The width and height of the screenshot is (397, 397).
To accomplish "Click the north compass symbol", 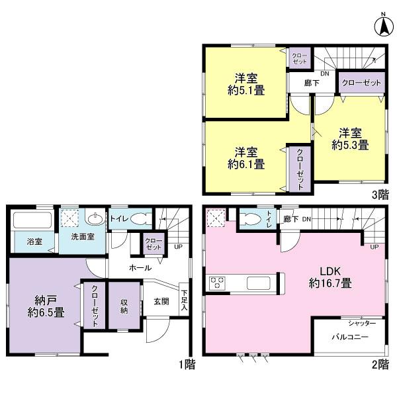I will [382, 26].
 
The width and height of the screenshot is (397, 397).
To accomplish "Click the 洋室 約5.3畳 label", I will [350, 137].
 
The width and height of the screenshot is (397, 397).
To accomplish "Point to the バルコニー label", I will [350, 337].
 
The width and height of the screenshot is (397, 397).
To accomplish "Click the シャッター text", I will [362, 322].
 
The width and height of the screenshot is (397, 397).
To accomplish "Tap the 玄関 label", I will [161, 301].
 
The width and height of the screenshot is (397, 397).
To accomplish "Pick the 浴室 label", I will [34, 242].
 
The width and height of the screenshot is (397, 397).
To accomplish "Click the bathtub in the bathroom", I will [33, 222].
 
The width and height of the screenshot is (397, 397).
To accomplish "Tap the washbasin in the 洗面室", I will [95, 218].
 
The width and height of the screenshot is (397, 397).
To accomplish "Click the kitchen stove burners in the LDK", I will [218, 283].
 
